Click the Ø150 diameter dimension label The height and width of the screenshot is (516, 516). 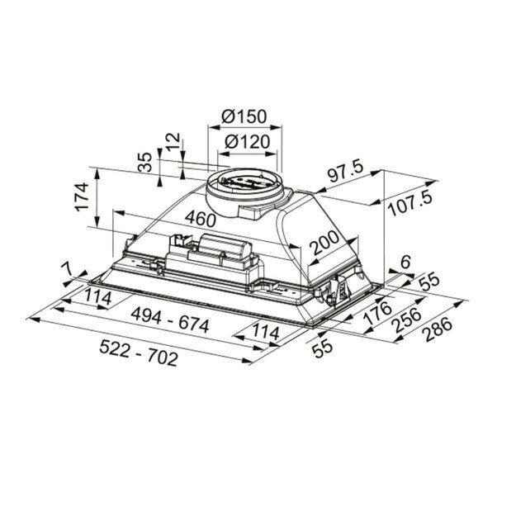[244, 117]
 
